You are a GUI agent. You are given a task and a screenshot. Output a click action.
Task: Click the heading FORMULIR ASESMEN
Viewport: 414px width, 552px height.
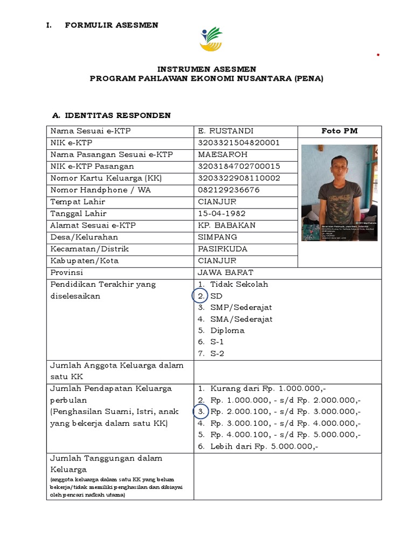coord(112,25)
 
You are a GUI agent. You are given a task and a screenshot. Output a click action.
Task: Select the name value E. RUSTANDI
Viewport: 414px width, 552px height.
coord(226,131)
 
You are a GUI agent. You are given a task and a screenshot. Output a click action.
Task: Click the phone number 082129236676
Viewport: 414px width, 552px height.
coord(229,190)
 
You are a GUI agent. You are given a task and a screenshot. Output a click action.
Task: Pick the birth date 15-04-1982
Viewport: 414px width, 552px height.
coord(222,213)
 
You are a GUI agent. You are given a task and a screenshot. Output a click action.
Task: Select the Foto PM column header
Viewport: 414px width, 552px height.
coord(339,131)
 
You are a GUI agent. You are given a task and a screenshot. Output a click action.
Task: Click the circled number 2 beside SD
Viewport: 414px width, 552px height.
coord(200,296)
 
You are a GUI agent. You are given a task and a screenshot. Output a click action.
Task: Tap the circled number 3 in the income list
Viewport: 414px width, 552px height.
coord(200,412)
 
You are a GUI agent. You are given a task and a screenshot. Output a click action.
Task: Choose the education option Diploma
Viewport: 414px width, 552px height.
coord(227,330)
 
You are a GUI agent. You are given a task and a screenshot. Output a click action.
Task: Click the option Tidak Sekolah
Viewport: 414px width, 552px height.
coord(239,284)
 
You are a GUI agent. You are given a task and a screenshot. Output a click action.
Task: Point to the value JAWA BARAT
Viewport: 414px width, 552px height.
coord(225,272)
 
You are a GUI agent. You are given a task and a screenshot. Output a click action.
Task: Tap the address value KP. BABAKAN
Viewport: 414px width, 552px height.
coord(226,225)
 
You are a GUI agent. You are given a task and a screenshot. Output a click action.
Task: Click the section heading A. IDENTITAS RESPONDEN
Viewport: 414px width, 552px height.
coord(111,115)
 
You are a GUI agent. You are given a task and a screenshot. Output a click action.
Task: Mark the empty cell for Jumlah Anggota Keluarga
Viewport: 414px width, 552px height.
coord(287,371)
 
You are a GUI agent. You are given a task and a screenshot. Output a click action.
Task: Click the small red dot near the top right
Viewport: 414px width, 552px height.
coord(378,55)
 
